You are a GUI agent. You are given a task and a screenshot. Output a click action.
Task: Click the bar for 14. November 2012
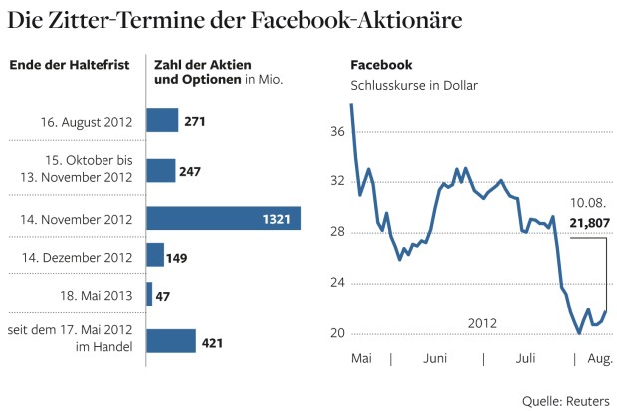point(223,218)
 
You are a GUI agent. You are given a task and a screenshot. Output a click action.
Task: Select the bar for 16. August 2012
point(162,120)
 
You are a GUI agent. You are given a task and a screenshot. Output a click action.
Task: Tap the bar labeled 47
point(149,294)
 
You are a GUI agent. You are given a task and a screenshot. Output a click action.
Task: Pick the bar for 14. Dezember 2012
point(155,255)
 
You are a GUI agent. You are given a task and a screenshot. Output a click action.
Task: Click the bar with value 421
point(171,342)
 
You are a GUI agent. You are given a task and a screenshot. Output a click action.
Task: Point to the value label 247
point(190,170)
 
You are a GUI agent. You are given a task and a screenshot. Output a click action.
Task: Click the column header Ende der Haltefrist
point(69,66)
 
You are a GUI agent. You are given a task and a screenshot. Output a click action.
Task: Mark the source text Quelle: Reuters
point(566,399)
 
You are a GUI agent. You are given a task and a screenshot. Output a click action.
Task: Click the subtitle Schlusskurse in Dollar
point(413,85)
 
